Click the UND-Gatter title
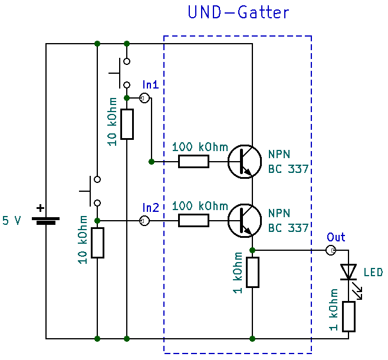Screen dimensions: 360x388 (x=238, y=12)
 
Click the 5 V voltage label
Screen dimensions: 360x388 (x=12, y=221)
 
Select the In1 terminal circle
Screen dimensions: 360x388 (x=144, y=98)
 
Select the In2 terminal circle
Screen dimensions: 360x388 (x=144, y=220)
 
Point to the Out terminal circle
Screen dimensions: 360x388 (x=331, y=251)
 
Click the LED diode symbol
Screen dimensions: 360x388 (x=348, y=271)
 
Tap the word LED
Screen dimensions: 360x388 (x=373, y=273)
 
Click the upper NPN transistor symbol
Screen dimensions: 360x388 (x=244, y=161)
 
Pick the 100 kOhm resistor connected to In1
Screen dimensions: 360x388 (x=193, y=161)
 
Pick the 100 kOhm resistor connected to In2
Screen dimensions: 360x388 (x=193, y=221)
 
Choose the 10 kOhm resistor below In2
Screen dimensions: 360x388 (x=97, y=243)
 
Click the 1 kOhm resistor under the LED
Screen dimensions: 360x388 (x=348, y=316)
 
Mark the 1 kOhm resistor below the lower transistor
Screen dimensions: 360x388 (x=252, y=272)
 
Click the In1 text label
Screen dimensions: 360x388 (x=150, y=84)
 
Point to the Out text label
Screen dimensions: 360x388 (x=336, y=237)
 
